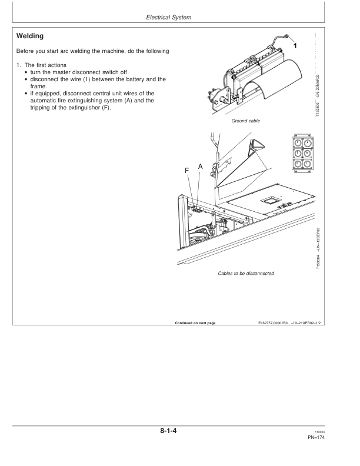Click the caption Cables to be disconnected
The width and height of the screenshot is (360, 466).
pyautogui.click(x=245, y=273)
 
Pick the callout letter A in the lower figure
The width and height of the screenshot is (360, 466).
pyautogui.click(x=200, y=167)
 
